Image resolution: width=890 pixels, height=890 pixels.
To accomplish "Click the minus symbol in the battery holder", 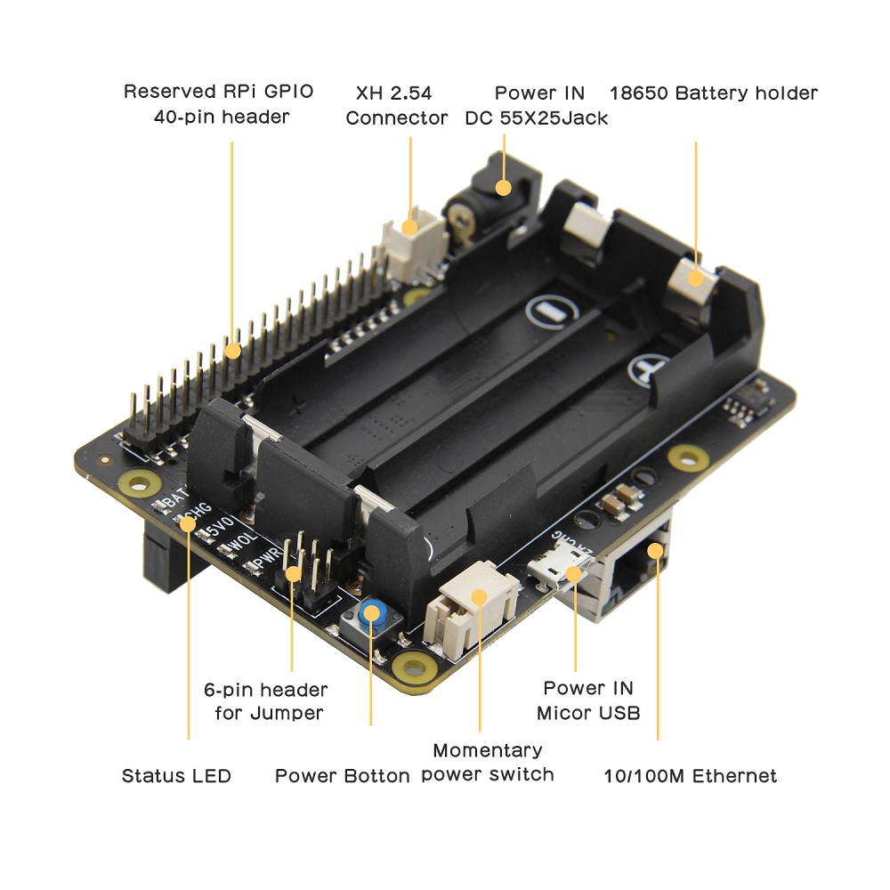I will (550, 311).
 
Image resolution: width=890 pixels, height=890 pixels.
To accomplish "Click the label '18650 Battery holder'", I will (713, 93).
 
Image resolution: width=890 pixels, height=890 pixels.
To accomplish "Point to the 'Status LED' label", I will (176, 776).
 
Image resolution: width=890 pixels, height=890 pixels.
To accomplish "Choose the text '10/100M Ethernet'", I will (689, 776).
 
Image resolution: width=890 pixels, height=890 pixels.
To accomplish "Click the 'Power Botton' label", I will (342, 776).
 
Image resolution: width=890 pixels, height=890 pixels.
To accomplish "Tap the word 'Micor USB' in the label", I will (588, 713).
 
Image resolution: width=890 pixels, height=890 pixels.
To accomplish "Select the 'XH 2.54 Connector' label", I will (397, 105).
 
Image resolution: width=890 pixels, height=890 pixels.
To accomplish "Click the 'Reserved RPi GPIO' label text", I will (218, 91).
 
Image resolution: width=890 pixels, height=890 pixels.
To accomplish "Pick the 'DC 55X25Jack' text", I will (537, 117).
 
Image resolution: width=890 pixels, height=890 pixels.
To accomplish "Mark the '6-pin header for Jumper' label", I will (265, 701).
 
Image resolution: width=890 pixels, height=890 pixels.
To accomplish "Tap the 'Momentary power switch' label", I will (487, 763).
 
